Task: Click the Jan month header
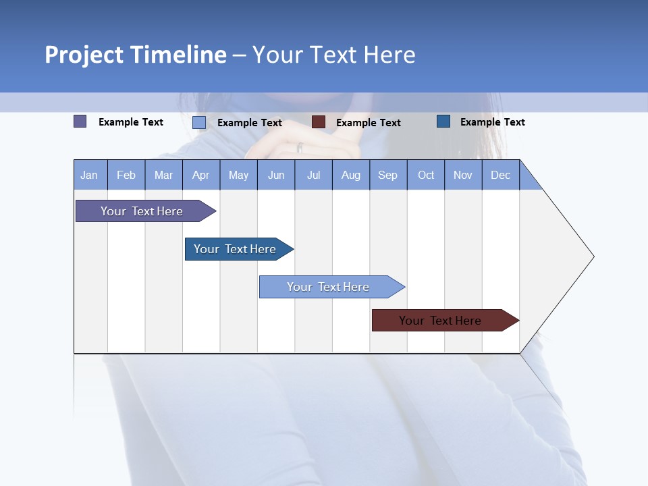(89, 175)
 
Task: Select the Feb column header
(126, 175)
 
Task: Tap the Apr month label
(200, 175)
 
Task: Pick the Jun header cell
(276, 175)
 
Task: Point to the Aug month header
(350, 175)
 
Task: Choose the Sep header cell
(387, 175)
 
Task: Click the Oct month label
(426, 175)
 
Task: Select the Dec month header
(500, 175)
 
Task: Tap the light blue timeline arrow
(329, 287)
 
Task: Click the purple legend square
(80, 122)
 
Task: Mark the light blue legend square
(199, 122)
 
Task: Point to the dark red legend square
(319, 122)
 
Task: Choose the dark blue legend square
(443, 122)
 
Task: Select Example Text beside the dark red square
(368, 123)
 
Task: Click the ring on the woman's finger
(300, 147)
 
